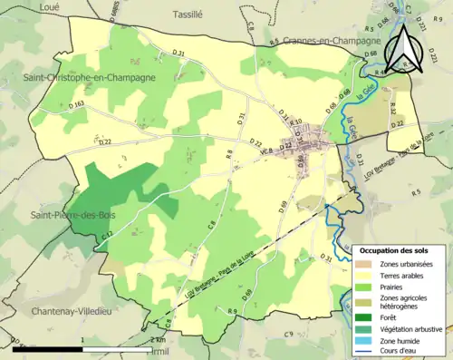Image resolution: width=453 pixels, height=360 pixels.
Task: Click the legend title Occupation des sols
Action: [400, 249]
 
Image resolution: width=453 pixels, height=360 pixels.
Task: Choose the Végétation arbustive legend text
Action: [415, 328]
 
